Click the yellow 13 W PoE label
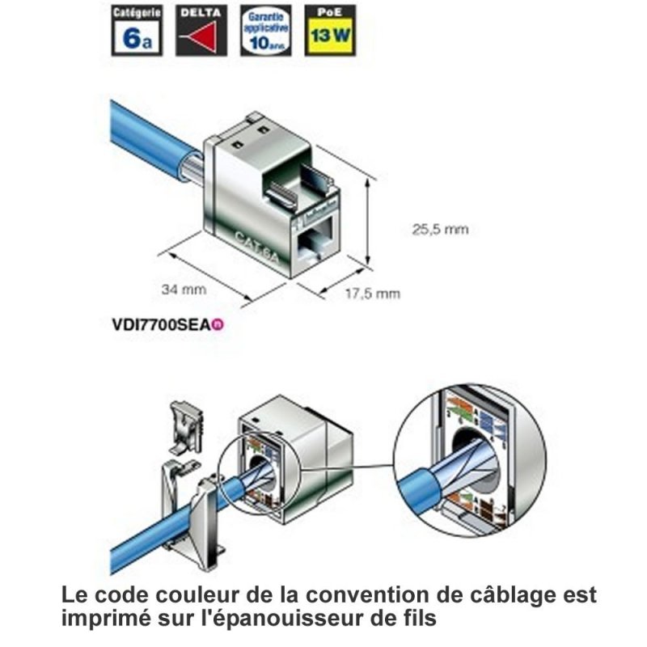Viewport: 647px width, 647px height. [x=332, y=36]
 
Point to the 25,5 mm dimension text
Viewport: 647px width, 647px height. [x=440, y=230]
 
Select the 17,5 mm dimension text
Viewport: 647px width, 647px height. [x=373, y=294]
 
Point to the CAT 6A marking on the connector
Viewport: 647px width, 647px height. [x=253, y=243]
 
